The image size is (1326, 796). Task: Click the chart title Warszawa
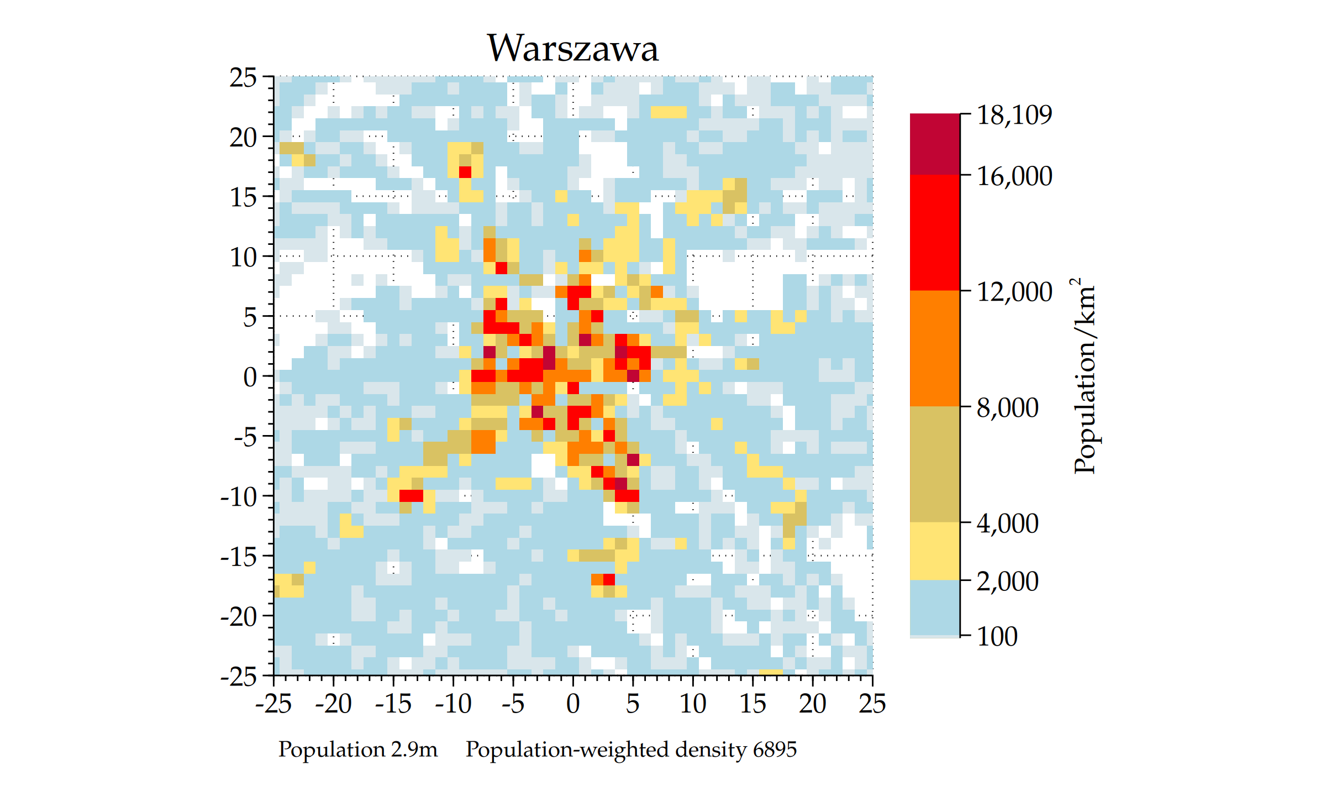click(572, 48)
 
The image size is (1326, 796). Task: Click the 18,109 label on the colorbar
click(1014, 115)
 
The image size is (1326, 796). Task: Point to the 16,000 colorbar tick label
click(1014, 176)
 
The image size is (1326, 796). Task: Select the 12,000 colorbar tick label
click(1014, 292)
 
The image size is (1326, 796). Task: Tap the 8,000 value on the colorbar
click(1007, 408)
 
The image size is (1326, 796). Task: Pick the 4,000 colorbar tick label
click(1007, 523)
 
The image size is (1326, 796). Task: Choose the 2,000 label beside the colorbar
click(1007, 582)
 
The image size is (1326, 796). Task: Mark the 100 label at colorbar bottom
click(997, 636)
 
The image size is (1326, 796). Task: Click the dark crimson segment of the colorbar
click(935, 144)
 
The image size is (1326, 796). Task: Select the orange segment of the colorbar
click(935, 348)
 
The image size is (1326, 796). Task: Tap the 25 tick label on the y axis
click(243, 78)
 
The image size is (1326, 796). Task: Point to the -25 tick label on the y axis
click(239, 677)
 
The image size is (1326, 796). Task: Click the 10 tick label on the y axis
click(243, 258)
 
